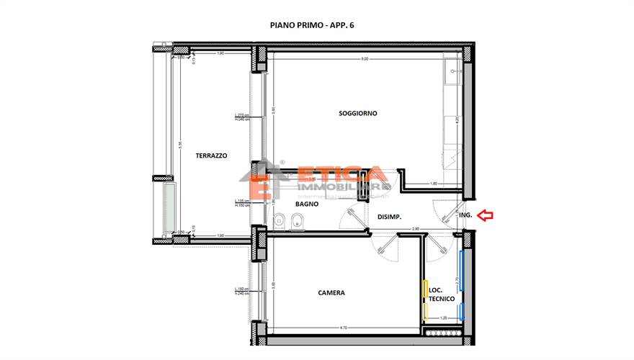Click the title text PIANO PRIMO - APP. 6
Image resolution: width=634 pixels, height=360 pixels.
pos(311,25)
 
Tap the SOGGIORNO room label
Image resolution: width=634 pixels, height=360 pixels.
pos(358,113)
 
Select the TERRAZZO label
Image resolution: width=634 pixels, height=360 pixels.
pos(211,155)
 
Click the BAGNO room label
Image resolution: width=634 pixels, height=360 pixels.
pos(306,204)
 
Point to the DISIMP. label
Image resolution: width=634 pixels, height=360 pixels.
pos(389,217)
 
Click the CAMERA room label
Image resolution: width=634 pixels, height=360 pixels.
pos(331,293)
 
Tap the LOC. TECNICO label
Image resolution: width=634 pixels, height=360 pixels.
pos(441,292)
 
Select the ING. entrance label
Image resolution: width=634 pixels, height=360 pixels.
pos(465,215)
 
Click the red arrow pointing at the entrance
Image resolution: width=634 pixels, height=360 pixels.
pos(487,215)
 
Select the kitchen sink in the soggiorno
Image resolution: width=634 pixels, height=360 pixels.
pos(452,71)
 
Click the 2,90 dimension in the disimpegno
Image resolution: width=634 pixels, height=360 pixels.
pos(416,228)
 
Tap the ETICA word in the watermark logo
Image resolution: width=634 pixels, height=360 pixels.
pos(341,175)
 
